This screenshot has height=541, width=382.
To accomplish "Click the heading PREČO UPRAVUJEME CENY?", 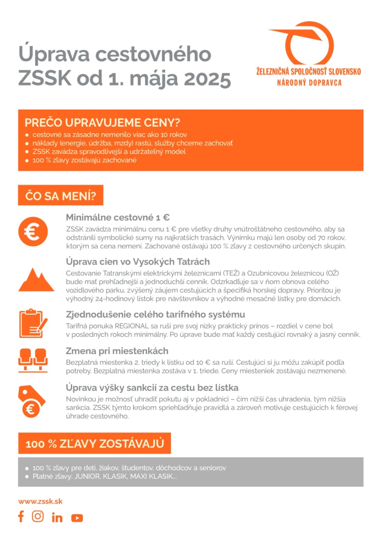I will coord(102,123).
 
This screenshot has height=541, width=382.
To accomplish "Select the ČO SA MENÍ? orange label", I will coord(60,195).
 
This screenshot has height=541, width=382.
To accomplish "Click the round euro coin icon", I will coord(33,232).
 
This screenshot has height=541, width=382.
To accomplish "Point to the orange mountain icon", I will coord(36,280).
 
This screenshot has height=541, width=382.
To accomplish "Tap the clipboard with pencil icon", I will coord(33,323).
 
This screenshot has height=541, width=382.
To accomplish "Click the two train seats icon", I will coord(33,360).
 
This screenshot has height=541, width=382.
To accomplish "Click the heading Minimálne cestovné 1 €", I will coord(117,218).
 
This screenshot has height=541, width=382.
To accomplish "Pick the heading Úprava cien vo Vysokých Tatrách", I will coord(138,262).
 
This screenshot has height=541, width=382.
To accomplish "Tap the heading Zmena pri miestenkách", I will coord(117,351).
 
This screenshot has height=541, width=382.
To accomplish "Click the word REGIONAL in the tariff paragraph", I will coord(131,326).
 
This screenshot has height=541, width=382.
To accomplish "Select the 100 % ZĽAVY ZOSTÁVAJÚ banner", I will coord(95,443).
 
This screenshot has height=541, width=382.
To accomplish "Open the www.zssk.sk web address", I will coord(40,501).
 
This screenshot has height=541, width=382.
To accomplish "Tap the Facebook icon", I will coord(21,516).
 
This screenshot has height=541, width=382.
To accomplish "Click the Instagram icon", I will coord(38,516).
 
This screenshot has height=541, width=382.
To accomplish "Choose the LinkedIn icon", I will coord(57,517).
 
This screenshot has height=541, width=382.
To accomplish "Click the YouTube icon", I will coord(77,518).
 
